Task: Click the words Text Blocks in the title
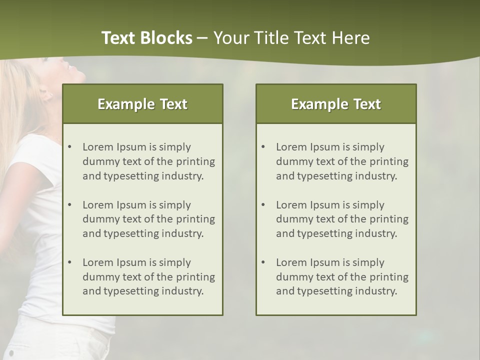(x=146, y=38)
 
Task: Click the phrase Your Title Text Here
(x=291, y=38)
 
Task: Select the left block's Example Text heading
(x=142, y=104)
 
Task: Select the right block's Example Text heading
(x=336, y=104)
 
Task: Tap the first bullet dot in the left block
(x=69, y=147)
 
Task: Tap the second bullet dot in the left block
(x=69, y=205)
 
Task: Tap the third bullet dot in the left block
(x=69, y=262)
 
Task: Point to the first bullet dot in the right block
(x=263, y=147)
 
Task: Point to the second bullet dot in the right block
(x=263, y=205)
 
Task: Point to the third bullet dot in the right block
(x=263, y=262)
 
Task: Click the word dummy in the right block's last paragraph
(x=293, y=277)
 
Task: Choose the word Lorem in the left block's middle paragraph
(x=98, y=205)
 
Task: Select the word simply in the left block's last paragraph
(x=175, y=262)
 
